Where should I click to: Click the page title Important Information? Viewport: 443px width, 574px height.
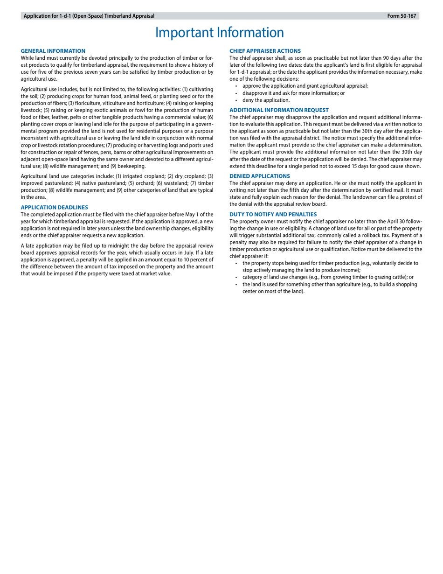219,33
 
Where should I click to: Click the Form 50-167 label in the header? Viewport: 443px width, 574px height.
401,16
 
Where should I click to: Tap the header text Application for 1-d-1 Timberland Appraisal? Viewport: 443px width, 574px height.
89,16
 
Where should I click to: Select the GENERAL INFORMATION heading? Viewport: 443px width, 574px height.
53,51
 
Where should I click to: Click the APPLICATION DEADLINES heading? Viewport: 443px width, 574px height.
55,207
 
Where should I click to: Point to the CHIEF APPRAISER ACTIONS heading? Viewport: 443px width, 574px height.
265,51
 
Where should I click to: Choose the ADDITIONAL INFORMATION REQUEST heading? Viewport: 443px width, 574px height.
279,110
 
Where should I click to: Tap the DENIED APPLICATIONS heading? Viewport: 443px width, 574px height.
259,176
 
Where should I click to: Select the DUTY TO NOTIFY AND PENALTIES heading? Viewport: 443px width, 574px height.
273,214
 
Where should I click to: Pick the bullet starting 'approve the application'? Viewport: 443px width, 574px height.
305,86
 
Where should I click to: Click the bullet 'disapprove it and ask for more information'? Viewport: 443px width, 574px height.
293,93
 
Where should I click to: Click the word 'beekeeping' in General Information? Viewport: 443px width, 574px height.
132,166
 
